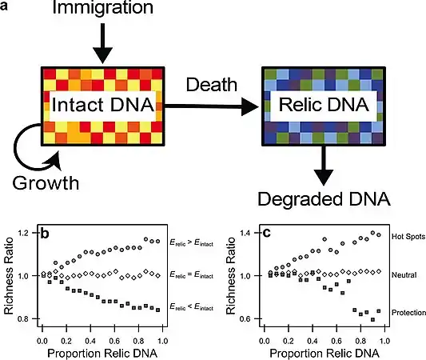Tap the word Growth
tap(46, 182)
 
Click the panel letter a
tap(6, 6)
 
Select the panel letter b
tap(46, 234)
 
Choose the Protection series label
tap(392, 311)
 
